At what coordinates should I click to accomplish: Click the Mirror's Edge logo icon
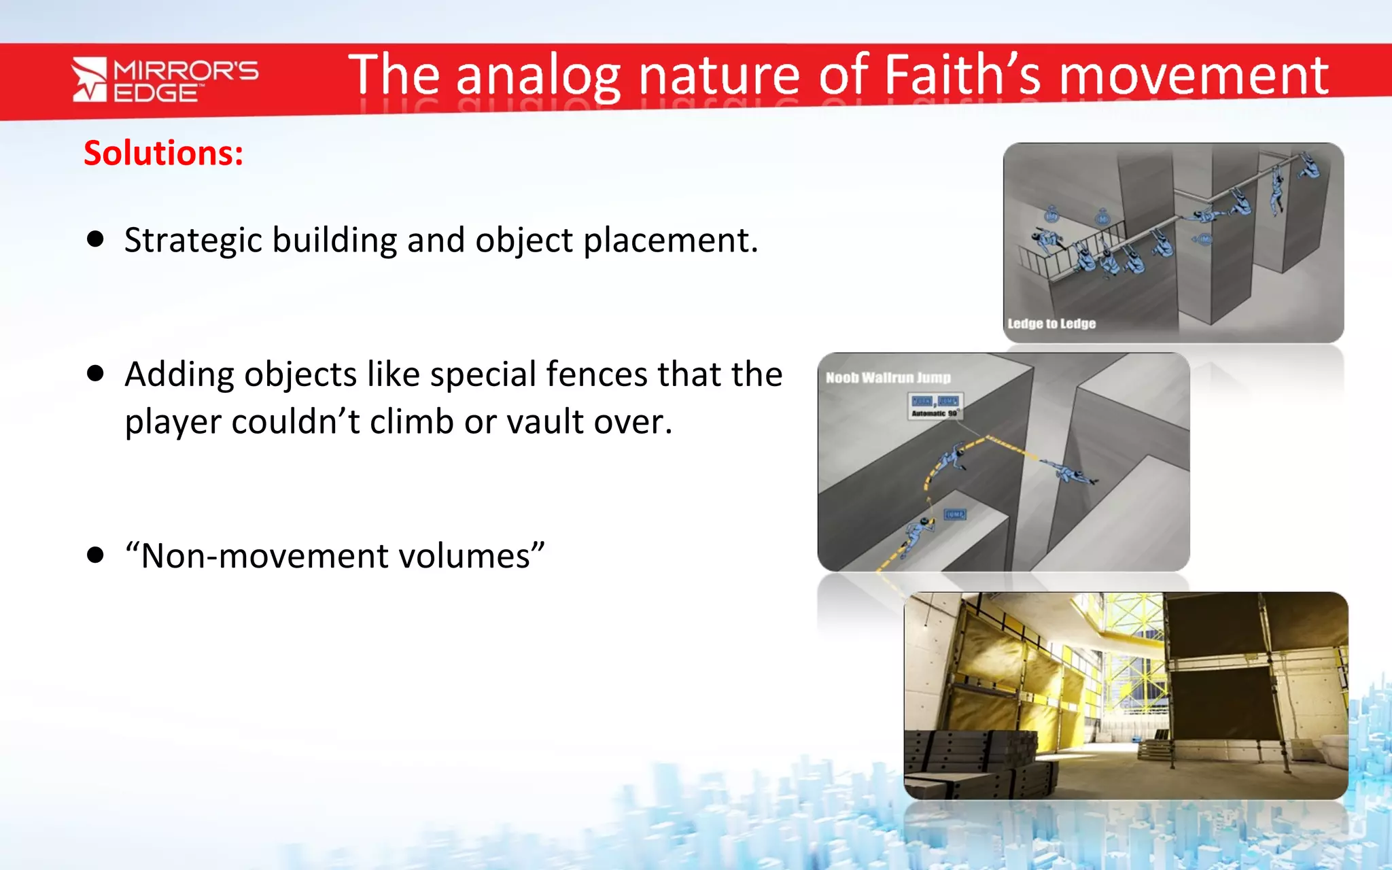89,80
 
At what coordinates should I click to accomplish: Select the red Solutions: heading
163,153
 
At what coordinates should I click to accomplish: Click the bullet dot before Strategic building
96,239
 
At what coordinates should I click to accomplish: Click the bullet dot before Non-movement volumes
96,555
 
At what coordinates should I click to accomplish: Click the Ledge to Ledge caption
1051,324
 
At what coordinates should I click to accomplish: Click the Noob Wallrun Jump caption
888,377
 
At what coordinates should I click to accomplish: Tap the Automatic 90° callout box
935,406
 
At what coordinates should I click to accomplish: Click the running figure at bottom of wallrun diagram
917,533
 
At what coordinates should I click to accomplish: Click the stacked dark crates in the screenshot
979,761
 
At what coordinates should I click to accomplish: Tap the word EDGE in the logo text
155,93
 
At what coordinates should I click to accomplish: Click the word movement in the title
1194,76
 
